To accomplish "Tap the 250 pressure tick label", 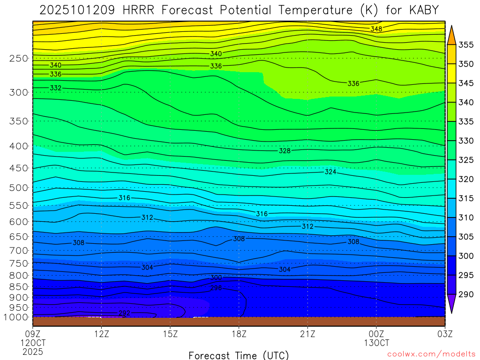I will point(19,59).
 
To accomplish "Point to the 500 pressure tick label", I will point(19,188).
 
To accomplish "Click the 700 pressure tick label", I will point(19,250).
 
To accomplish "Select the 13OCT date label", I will point(376,343).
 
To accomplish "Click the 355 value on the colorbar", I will point(466,45).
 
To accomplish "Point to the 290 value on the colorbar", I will point(466,294).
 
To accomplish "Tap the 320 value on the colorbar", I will point(466,179).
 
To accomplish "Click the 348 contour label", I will point(376,29).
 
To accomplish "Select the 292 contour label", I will point(124,313).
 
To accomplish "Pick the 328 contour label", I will point(285,151).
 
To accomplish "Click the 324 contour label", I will point(330,172).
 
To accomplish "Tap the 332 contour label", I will point(55,88).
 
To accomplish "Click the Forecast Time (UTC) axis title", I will point(239,355).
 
